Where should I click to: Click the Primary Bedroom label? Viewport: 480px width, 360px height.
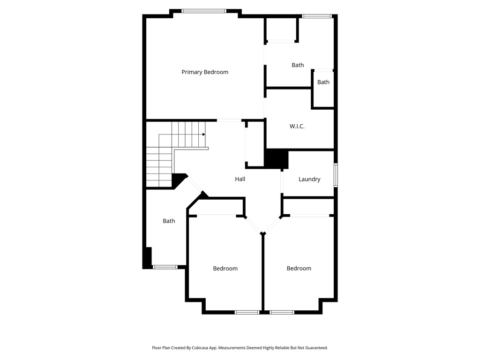(x=205, y=72)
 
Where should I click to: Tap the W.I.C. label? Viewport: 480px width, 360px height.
(x=297, y=126)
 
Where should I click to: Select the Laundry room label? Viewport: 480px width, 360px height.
(x=309, y=179)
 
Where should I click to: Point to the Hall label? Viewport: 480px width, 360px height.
(x=240, y=179)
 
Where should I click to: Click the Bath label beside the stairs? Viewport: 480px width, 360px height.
(x=169, y=221)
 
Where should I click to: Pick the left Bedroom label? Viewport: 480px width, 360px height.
(x=225, y=269)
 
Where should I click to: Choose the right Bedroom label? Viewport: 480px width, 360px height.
(x=299, y=269)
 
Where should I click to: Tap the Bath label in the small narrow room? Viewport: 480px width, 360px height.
(x=323, y=82)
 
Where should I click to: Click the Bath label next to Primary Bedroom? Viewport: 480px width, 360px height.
(x=298, y=65)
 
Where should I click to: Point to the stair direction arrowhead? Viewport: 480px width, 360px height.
(x=204, y=135)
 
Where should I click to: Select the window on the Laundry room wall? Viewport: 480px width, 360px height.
(x=335, y=175)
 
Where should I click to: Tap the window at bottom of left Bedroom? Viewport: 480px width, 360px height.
(x=247, y=312)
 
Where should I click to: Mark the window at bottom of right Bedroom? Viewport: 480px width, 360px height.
(x=282, y=312)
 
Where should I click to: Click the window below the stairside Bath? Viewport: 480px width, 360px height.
(x=165, y=267)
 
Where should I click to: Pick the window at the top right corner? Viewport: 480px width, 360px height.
(x=317, y=16)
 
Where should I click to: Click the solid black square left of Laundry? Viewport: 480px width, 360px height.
(x=276, y=158)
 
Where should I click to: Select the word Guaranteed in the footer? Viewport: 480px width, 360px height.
(x=316, y=348)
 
